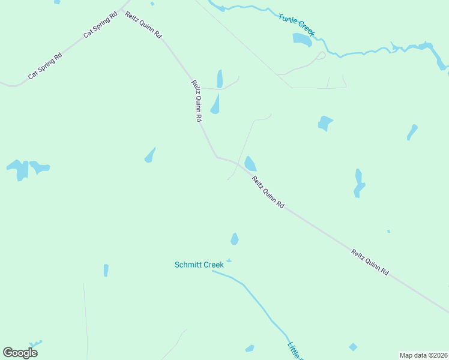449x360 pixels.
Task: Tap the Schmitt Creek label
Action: coord(199,265)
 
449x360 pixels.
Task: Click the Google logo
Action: coord(20,353)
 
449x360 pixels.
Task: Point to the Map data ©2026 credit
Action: coord(423,355)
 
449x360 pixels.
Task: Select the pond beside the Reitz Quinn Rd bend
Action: coord(250,163)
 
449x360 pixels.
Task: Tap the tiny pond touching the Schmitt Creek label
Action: coord(229,260)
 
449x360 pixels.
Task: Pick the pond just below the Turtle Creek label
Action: coord(302,40)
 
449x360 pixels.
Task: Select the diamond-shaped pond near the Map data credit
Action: coord(353,347)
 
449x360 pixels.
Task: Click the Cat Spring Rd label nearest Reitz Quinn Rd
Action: coord(98,25)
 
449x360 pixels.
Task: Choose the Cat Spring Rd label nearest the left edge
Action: coord(45,67)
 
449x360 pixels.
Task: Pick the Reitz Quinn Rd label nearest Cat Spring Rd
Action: coord(143,25)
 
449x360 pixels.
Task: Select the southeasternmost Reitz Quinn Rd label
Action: coord(370,262)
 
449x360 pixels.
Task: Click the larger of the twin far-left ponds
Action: coord(19,169)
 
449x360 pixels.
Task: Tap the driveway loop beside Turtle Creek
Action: coord(321,56)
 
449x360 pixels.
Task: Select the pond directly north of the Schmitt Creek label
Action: coord(235,239)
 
